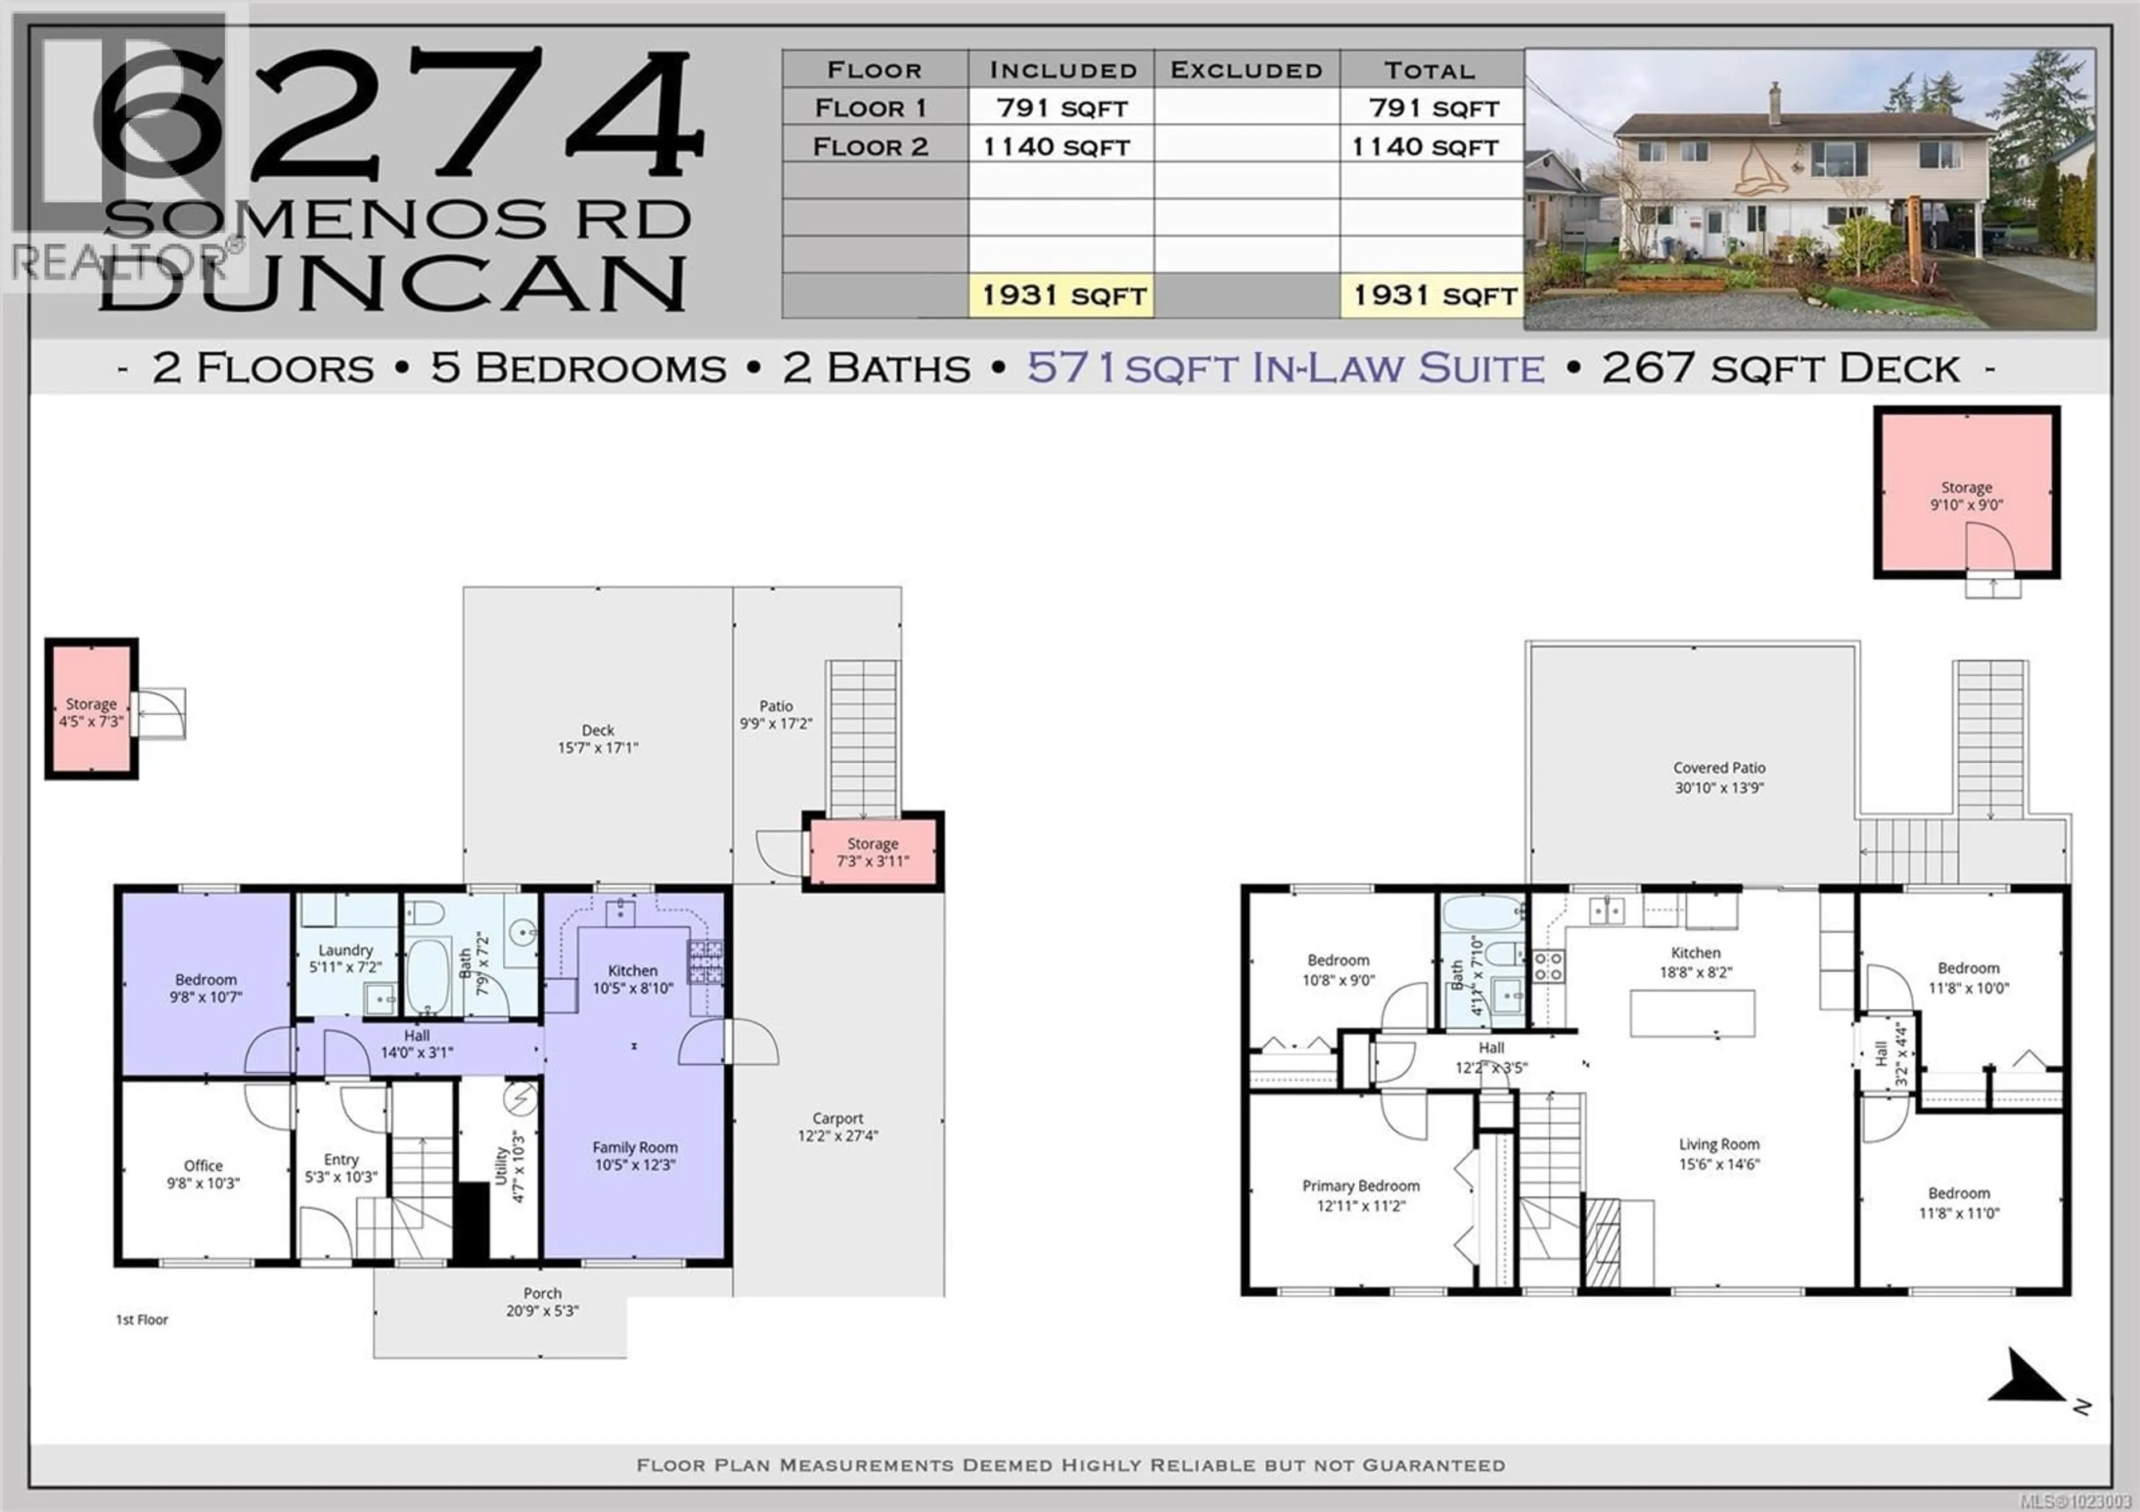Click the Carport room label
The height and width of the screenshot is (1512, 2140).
[x=837, y=1126]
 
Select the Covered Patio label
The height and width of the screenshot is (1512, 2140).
[x=1719, y=777]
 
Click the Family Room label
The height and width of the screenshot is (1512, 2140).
[x=635, y=1156]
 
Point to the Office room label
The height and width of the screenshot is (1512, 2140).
[x=203, y=1174]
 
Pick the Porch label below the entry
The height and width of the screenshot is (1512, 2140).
[x=542, y=1301]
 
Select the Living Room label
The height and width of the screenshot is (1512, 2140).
[x=1719, y=1153]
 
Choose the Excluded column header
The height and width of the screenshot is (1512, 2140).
[x=1246, y=70]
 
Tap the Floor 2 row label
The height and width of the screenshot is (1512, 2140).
[x=870, y=147]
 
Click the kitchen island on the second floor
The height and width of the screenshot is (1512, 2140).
[x=1692, y=1013]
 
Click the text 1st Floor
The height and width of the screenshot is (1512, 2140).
[x=142, y=1320]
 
